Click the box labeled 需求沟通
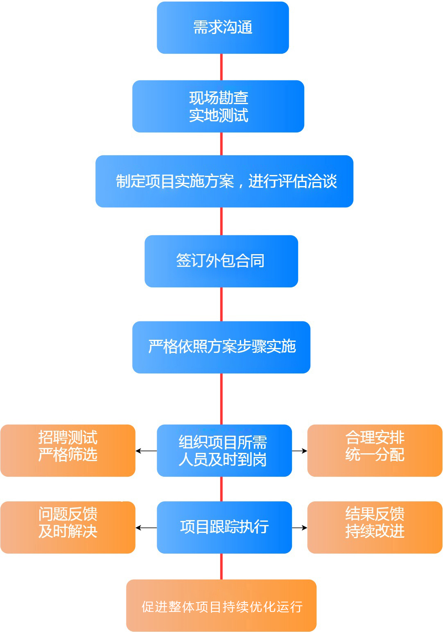coord(223,27)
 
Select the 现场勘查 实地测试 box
coord(218,106)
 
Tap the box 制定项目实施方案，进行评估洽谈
coord(224,181)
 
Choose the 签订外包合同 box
coord(221,261)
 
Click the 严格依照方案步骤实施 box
coord(221,347)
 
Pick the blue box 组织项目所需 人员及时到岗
coord(224,450)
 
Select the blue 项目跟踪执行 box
coord(224,527)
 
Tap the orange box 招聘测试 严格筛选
coord(68,450)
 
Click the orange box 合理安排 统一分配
coord(375,450)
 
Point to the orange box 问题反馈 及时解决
coord(68,527)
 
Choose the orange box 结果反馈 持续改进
coord(375,527)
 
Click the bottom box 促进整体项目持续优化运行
coord(221,605)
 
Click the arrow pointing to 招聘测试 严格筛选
coord(146,451)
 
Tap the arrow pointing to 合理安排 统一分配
coord(300,451)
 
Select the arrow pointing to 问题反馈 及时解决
coord(146,527)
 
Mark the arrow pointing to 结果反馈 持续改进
coord(300,527)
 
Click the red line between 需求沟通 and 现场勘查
coord(221,67)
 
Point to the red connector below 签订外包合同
coord(221,304)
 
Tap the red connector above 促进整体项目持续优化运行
coord(221,566)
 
